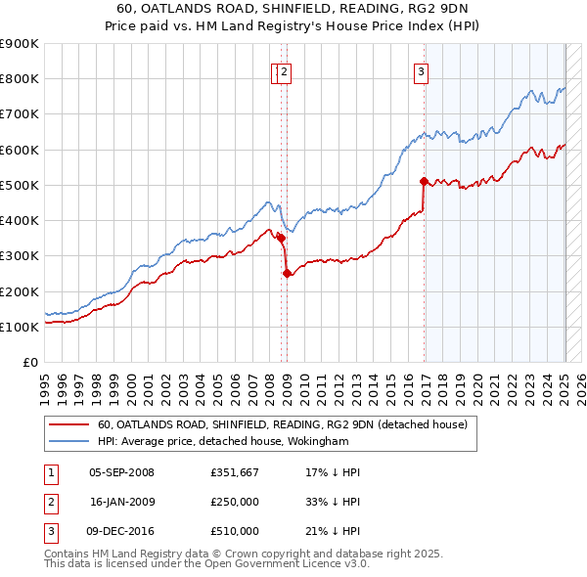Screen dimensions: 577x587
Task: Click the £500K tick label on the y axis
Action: coord(19,185)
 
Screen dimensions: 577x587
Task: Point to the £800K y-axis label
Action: coord(19,78)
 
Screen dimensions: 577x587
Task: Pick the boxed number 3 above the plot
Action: coord(420,69)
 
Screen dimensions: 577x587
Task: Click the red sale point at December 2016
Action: coord(424,181)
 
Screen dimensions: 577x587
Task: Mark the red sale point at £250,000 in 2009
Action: coord(287,274)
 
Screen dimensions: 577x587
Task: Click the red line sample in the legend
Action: coord(68,424)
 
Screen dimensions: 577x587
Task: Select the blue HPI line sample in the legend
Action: coord(68,441)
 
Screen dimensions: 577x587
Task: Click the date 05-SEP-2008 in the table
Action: coord(121,472)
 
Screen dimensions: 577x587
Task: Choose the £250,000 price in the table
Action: coord(235,502)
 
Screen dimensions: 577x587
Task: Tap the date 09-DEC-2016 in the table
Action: coord(121,531)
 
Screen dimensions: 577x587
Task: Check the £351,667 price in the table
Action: coord(235,472)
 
